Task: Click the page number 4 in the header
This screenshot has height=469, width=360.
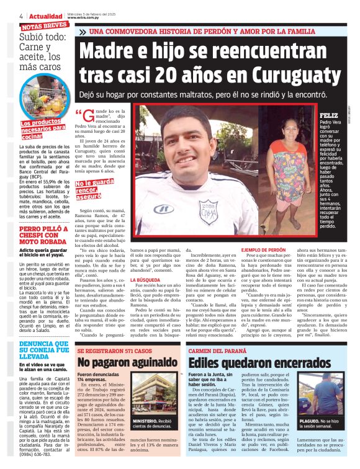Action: coord(20,16)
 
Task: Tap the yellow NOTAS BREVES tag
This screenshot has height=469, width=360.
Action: coord(44,26)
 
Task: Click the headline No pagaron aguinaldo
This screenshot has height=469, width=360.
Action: coord(121,362)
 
